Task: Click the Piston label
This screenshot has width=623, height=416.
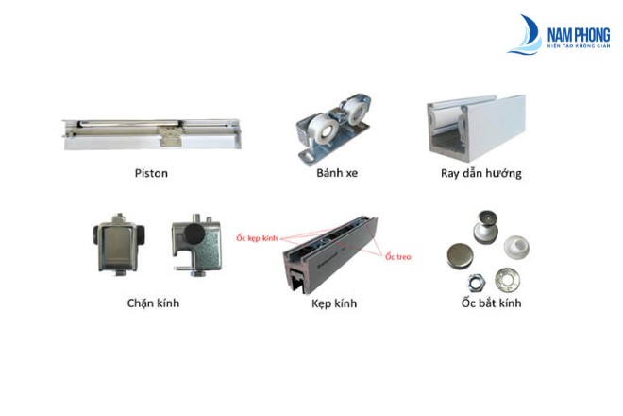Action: (151, 173)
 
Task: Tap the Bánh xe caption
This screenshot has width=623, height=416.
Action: (337, 173)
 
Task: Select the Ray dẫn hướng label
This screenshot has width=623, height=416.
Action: (481, 173)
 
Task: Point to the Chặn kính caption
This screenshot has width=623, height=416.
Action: (153, 303)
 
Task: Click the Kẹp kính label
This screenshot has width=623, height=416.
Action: (334, 303)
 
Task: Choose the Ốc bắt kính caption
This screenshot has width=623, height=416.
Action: (491, 303)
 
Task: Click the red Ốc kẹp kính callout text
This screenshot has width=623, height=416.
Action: (257, 238)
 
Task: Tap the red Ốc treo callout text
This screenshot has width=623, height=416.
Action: (398, 257)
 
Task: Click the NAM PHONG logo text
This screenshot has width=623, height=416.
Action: (579, 35)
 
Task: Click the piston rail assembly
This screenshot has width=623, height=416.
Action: (152, 133)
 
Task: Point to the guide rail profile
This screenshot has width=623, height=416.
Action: (476, 128)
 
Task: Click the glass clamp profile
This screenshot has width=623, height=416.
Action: (329, 254)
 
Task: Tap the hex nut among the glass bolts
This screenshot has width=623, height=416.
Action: (476, 283)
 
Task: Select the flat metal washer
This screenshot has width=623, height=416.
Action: (508, 279)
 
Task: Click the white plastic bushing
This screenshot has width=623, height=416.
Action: (516, 247)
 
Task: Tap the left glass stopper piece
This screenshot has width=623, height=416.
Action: (119, 244)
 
